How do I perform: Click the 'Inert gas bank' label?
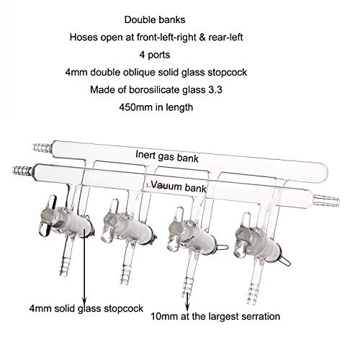pyautogui.click(x=167, y=156)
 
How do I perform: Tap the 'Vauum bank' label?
pyautogui.click(x=179, y=186)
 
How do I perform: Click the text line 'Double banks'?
pyautogui.click(x=155, y=19)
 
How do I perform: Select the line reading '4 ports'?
pyautogui.click(x=155, y=55)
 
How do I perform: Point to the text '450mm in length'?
pyautogui.click(x=156, y=107)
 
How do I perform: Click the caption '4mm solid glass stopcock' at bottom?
pyautogui.click(x=86, y=308)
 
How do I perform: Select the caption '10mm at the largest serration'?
pyautogui.click(x=215, y=316)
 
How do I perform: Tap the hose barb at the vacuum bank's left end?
pyautogui.click(x=23, y=170)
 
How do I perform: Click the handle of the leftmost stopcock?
pyautogui.click(x=48, y=216)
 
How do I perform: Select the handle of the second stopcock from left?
pyautogui.click(x=109, y=221)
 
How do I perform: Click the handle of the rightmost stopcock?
pyautogui.click(x=242, y=235)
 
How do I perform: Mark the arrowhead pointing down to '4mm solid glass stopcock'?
pyautogui.click(x=84, y=300)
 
